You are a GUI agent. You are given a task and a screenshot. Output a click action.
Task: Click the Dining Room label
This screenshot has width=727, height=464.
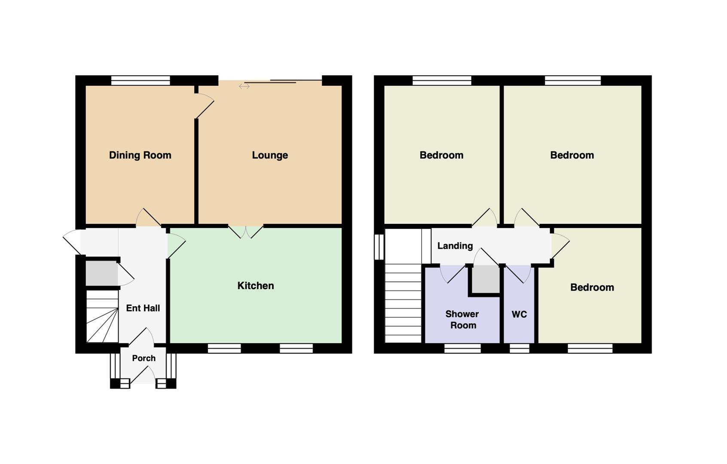(140, 155)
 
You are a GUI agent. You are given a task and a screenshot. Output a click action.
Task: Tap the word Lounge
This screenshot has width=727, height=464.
(270, 156)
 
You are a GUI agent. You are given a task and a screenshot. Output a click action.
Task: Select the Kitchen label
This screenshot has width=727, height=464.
(256, 286)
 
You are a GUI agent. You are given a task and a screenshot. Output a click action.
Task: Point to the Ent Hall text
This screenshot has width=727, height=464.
(143, 308)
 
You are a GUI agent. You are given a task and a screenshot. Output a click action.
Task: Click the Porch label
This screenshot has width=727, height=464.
(144, 358)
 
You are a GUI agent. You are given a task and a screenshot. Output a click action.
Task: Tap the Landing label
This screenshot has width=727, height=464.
(455, 246)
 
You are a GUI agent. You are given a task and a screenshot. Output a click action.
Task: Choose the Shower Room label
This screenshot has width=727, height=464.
(462, 320)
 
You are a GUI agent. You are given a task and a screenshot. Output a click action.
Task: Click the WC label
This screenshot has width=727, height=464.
(519, 314)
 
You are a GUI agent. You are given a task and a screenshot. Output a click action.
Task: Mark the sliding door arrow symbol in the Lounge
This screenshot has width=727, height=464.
(244, 86)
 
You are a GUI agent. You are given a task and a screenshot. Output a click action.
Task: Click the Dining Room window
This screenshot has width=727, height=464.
(141, 80)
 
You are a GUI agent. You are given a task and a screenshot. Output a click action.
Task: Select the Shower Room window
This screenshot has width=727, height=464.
(462, 348)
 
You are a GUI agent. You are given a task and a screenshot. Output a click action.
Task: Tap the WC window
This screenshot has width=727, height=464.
(519, 348)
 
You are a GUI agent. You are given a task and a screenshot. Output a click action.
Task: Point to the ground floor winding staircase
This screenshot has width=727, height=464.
(102, 316)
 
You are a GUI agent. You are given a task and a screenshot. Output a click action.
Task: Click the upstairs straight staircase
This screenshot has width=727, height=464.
(403, 303)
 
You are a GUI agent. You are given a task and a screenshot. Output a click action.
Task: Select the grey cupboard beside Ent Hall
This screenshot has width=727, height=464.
(101, 274)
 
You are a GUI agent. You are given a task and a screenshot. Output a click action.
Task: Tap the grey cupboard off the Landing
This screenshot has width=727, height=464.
(486, 279)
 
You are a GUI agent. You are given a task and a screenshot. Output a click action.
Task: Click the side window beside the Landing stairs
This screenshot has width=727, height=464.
(379, 247)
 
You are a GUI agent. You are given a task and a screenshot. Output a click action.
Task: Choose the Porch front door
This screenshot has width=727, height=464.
(143, 376)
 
